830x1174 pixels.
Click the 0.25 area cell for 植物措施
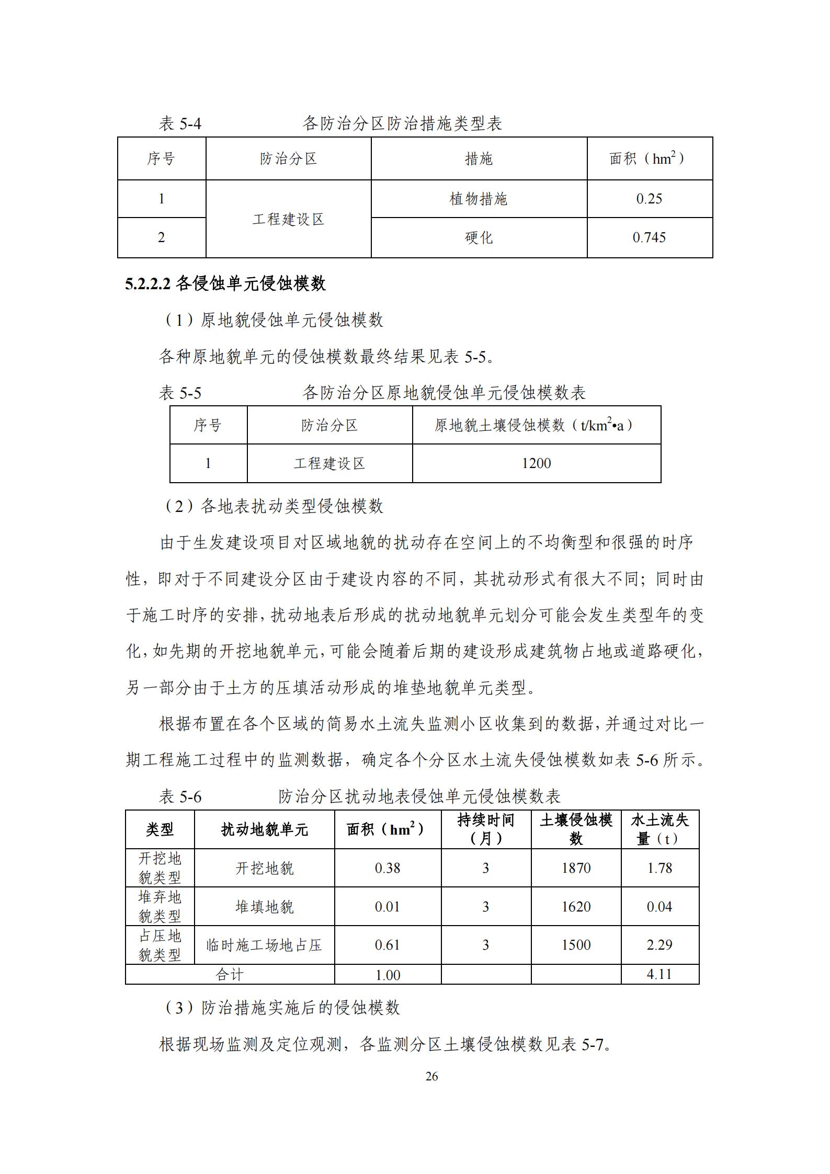pos(649,199)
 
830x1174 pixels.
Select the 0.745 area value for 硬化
pos(649,237)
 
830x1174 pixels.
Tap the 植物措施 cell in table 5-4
pos(479,199)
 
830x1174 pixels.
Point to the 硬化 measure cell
pos(479,237)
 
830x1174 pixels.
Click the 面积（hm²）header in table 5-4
pos(649,158)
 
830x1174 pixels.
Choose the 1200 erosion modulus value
pos(536,463)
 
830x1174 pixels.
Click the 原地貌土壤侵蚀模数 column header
pos(536,425)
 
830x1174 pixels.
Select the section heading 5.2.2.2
pos(225,283)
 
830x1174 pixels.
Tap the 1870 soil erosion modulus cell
pos(576,868)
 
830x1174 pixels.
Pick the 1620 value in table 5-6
pos(576,906)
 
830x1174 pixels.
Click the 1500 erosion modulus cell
pos(576,944)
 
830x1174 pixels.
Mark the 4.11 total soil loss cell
pos(659,974)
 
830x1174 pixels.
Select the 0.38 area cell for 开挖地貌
pos(388,868)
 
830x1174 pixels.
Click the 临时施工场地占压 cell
pos(264,945)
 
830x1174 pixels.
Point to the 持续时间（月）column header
pos(486,829)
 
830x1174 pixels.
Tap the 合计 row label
pos(230,974)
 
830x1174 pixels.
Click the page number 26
pos(431,1076)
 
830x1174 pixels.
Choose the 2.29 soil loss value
pos(659,944)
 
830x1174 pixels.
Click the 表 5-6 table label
pos(180,797)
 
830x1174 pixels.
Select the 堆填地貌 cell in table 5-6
pos(264,906)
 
